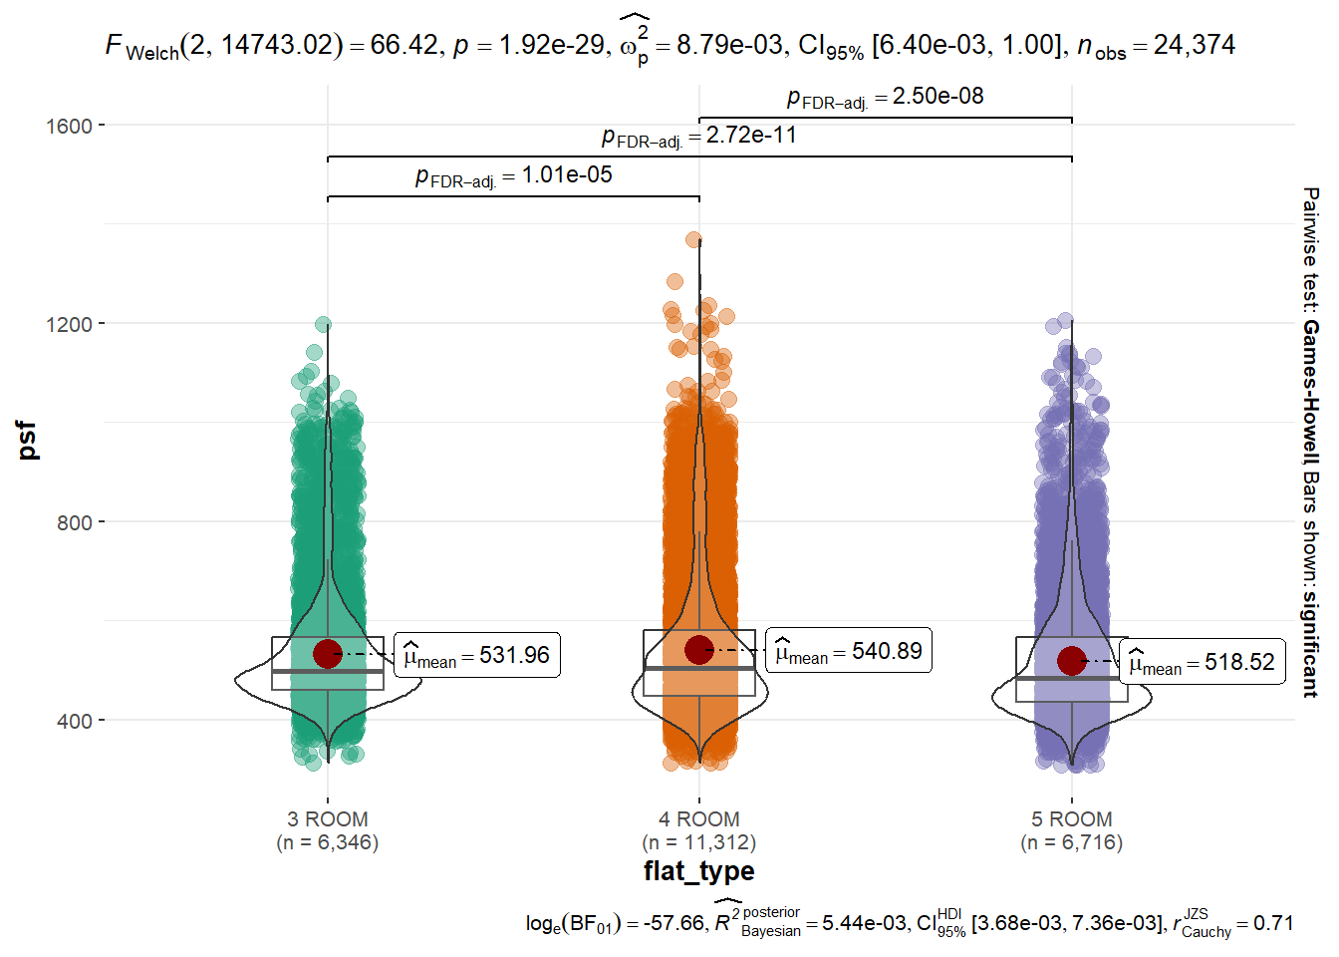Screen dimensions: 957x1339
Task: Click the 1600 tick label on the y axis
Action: coord(69,127)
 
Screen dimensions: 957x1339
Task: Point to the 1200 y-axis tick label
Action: coord(69,325)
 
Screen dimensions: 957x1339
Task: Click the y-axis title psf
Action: coord(28,441)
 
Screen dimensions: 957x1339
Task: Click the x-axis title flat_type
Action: coord(698,871)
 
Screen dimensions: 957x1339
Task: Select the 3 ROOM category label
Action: coord(328,819)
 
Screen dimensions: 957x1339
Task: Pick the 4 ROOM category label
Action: coord(698,819)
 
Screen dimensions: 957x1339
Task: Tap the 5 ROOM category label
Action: coord(1071,819)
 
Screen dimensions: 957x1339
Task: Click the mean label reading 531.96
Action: coord(477,656)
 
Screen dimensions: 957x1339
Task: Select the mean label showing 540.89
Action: coord(849,651)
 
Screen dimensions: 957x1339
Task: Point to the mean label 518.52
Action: coord(1203,662)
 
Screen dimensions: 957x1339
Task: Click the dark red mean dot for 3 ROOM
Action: coord(328,654)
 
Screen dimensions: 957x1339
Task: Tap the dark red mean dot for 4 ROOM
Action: coord(698,649)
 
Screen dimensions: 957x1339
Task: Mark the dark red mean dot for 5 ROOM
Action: coord(1071,660)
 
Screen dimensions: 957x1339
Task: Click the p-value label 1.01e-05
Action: coord(514,176)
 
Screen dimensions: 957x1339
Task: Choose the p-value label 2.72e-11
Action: coord(699,137)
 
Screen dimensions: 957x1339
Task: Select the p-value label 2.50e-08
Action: coord(886,97)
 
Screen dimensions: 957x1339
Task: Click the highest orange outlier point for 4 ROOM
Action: coord(693,240)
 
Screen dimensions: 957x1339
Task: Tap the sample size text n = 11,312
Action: coord(699,842)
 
